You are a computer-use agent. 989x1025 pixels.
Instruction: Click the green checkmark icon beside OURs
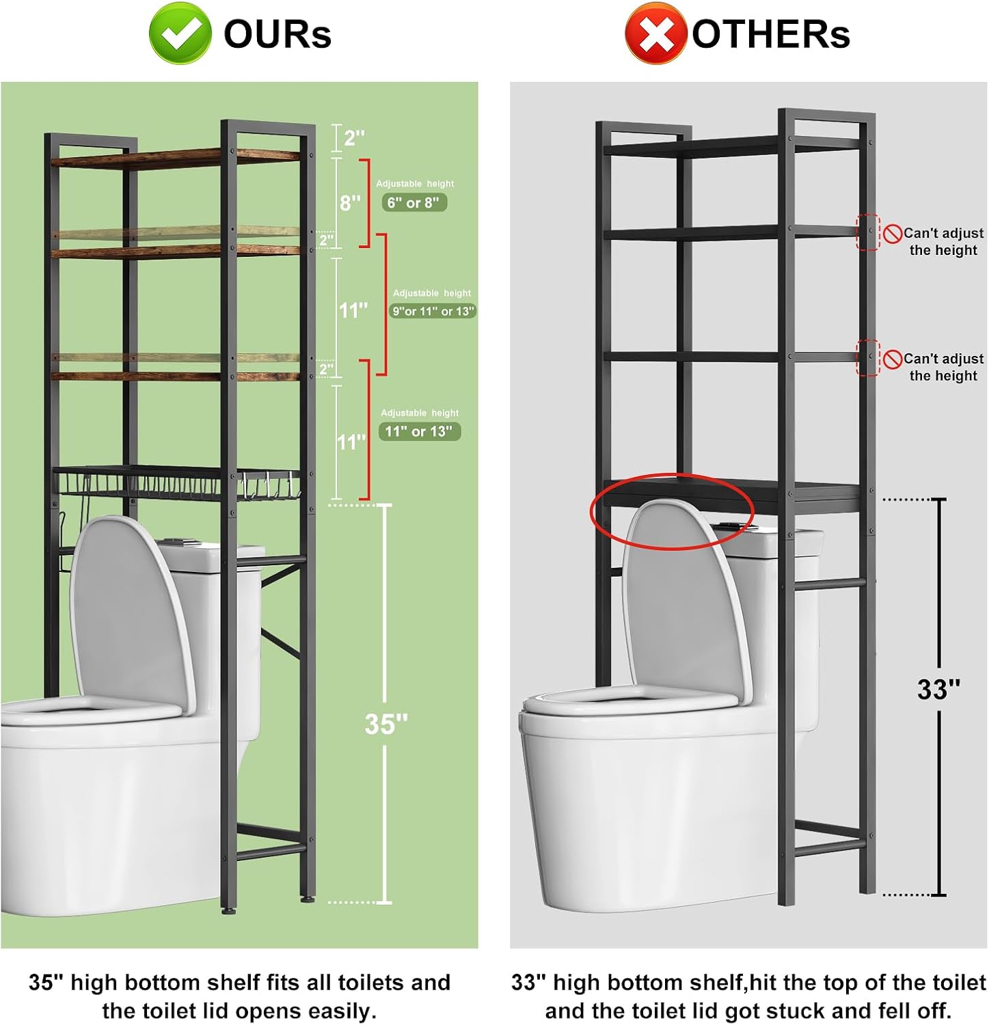[180, 33]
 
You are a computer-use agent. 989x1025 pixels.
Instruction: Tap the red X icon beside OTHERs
[655, 33]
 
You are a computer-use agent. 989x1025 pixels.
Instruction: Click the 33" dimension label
[938, 689]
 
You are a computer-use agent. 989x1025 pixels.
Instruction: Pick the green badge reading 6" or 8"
[414, 202]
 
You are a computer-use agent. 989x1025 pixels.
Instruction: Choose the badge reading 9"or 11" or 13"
[432, 311]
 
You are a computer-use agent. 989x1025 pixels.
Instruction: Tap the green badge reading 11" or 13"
[419, 431]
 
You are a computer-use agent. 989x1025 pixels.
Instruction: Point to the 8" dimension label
[350, 202]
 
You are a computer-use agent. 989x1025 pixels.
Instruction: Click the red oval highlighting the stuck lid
[672, 510]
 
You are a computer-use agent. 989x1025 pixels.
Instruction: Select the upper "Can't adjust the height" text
[943, 241]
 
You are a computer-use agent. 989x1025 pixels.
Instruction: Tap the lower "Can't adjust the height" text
[943, 367]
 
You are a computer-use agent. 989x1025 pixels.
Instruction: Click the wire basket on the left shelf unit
[137, 482]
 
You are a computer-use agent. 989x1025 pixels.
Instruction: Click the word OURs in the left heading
[277, 34]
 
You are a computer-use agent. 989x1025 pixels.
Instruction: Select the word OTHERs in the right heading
[771, 34]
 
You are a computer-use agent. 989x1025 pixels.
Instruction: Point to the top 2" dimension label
[354, 138]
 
